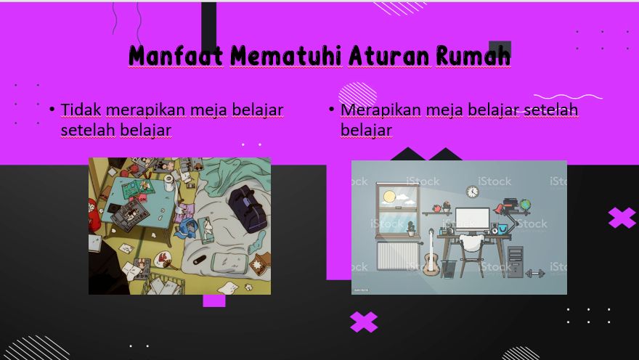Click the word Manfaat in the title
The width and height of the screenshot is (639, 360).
(176, 55)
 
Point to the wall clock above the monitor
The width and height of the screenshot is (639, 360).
(472, 191)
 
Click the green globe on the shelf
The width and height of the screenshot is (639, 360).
(525, 205)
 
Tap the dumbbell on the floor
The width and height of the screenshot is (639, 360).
(535, 273)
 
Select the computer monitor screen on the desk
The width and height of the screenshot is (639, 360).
(472, 221)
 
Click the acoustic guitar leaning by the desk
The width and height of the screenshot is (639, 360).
(431, 255)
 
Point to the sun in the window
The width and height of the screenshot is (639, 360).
(389, 197)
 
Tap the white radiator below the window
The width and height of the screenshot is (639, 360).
(396, 256)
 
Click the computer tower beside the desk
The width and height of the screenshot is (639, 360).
(516, 262)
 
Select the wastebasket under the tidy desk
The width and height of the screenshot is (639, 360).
(449, 269)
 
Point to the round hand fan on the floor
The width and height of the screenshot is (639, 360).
(165, 259)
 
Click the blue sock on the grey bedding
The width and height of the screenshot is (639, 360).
(257, 242)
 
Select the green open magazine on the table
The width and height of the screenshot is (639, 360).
(139, 188)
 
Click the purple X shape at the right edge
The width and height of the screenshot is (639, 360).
(622, 218)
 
